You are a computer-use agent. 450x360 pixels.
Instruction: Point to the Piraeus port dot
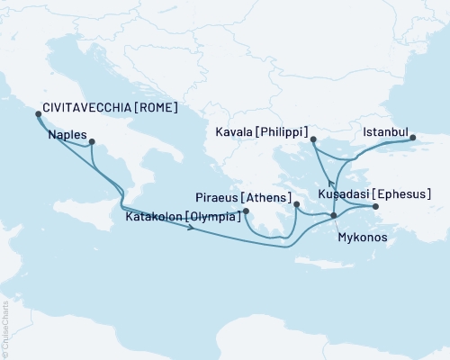296,205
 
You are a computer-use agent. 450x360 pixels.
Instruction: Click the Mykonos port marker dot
334,215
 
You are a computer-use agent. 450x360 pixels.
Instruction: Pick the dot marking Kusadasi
376,207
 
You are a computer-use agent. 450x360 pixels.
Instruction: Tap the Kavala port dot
313,139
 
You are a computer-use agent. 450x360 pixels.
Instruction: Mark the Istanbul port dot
413,138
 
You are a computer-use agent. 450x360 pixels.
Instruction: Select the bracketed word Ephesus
402,193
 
